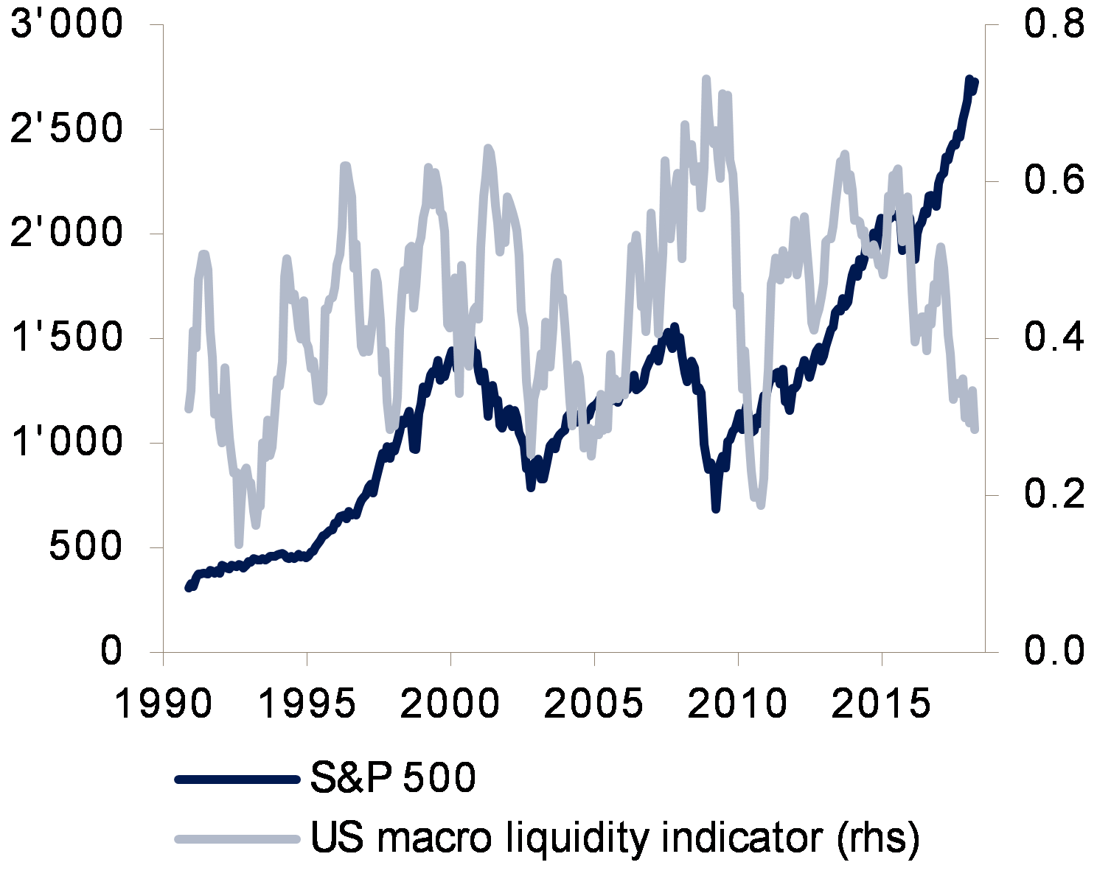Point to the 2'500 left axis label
[66, 130]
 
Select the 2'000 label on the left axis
[66, 234]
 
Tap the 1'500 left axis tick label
[66, 339]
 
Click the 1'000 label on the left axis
[66, 443]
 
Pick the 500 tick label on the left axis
[86, 547]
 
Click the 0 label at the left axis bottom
[111, 652]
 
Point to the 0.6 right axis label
[1053, 181]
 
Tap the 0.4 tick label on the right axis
[1053, 338]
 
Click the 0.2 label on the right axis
[1053, 494]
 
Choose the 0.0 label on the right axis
[1053, 651]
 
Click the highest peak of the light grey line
[706, 79]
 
